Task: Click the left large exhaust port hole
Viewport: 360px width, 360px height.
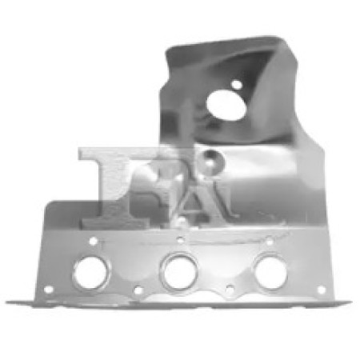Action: (x=90, y=273)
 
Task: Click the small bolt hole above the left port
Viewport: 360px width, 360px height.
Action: (x=93, y=242)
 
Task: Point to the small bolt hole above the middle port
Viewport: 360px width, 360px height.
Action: (x=181, y=240)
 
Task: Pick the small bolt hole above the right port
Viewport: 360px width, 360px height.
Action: (x=270, y=242)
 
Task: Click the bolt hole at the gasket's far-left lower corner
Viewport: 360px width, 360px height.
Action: (x=49, y=290)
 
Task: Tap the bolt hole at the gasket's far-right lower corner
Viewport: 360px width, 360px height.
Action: (x=322, y=290)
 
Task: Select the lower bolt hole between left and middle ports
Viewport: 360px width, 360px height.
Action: (x=138, y=290)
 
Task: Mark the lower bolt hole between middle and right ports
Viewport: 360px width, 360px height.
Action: (x=230, y=290)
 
